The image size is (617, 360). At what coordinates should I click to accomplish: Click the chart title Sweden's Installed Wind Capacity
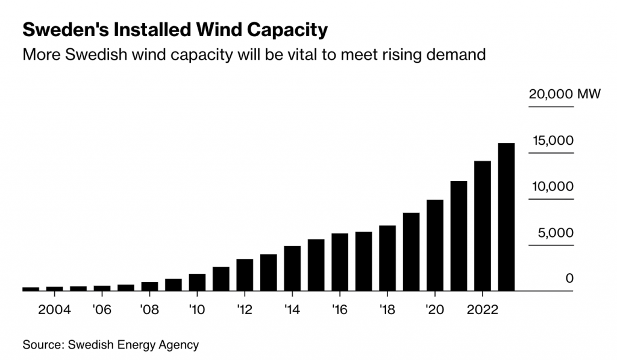175,30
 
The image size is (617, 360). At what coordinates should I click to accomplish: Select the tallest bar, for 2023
506,217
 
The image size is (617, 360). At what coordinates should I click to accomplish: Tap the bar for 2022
483,226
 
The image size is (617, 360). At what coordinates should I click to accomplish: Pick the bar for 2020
435,245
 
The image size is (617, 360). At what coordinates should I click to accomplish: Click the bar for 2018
387,258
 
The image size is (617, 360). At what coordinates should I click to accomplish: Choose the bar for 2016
340,262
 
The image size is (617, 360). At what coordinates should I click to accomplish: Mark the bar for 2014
292,268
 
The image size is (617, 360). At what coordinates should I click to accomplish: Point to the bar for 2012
245,275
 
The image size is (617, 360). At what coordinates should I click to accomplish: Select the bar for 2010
197,282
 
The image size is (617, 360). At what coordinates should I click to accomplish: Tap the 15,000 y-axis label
552,141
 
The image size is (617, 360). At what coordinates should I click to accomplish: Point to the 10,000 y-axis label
552,187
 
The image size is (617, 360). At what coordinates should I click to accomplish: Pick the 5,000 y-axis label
552,233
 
